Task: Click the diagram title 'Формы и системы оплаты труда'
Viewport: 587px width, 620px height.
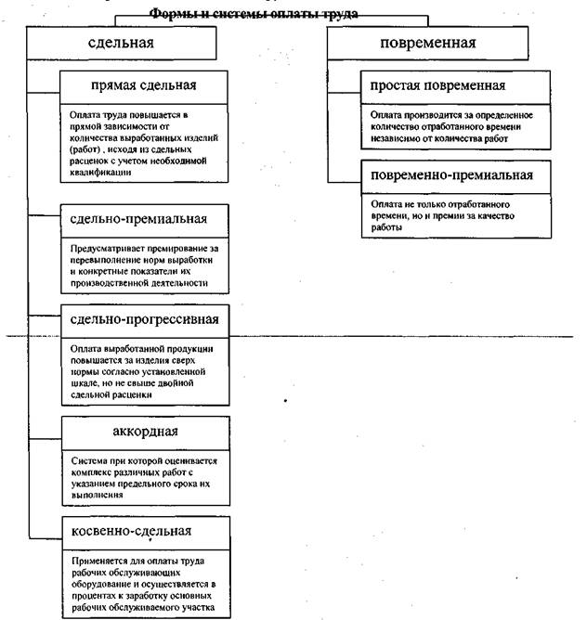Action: click(x=254, y=14)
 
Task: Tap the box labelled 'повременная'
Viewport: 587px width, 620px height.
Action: click(x=428, y=43)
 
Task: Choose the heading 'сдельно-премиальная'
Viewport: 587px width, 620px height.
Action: click(x=138, y=220)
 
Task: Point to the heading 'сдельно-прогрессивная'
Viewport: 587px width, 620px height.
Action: click(x=145, y=320)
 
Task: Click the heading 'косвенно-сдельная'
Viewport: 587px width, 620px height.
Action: click(x=131, y=532)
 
